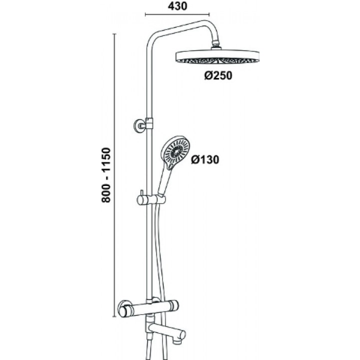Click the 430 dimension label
coord(177,6)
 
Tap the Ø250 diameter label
coord(218,75)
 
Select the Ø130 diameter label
coord(205,159)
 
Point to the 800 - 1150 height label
coord(106,175)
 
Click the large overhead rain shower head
coord(217,56)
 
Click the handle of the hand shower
coord(164,181)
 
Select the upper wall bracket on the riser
coord(143,125)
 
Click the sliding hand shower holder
coord(151,199)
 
